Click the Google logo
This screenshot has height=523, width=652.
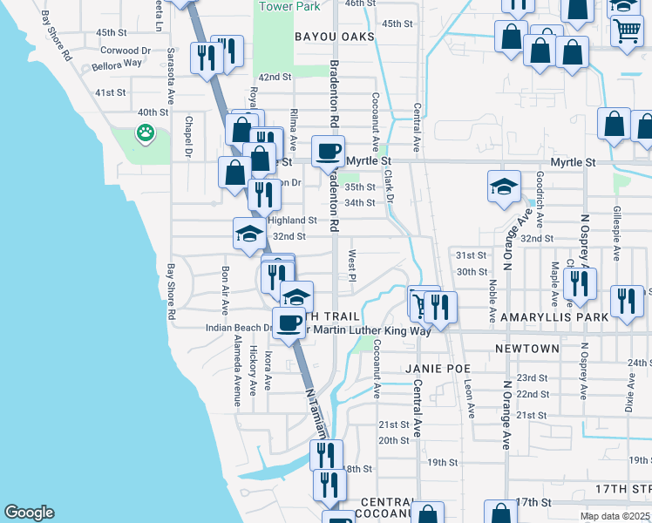[29, 513]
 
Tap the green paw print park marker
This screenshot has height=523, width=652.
[145, 133]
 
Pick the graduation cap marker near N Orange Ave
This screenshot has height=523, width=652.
[503, 187]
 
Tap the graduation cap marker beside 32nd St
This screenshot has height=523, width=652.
[249, 234]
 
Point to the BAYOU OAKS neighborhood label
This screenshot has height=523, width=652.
[334, 37]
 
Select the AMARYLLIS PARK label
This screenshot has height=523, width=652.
[554, 318]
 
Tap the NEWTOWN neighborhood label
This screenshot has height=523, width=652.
[527, 349]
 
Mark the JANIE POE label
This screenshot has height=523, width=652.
[438, 368]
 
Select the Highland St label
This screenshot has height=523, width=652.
[297, 221]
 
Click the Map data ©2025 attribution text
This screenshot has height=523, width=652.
[615, 516]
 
